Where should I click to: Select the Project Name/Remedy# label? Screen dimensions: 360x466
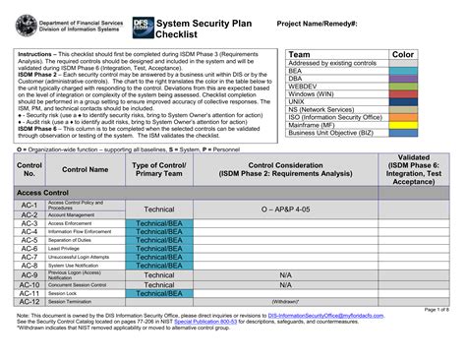(316, 22)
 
